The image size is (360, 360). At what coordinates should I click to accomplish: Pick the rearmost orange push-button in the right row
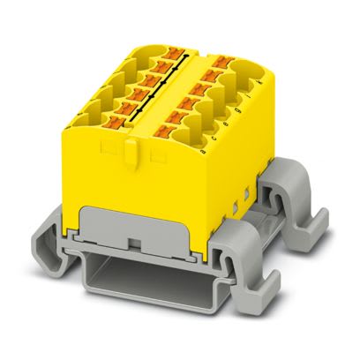coord(208,62)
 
